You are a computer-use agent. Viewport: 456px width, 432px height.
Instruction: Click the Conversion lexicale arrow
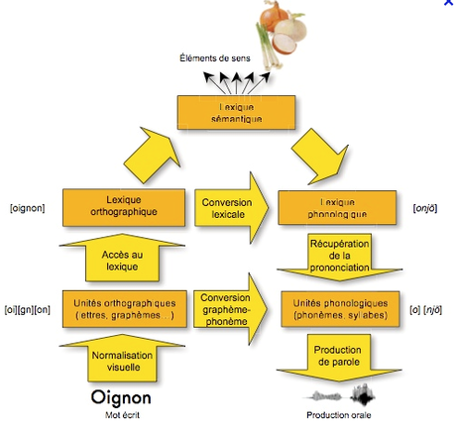230,205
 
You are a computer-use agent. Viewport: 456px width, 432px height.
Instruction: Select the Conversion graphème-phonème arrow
230,305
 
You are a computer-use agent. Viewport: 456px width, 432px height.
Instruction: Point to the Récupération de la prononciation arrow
337,256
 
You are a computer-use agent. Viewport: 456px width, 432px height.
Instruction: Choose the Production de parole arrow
337,357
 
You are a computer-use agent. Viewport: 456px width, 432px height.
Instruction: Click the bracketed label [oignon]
28,207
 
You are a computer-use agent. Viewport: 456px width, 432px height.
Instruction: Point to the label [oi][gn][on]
29,307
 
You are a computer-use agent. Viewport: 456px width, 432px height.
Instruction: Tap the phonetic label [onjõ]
427,207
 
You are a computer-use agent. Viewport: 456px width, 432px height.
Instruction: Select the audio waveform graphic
336,394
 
